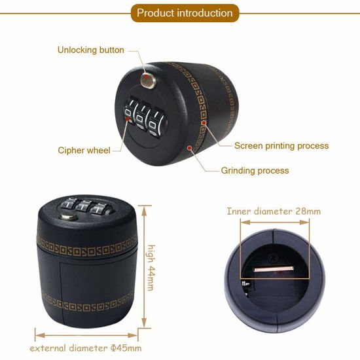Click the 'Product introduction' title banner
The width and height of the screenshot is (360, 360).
coord(185,13)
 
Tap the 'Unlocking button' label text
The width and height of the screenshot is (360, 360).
coord(90,50)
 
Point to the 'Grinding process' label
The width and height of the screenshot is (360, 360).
coord(255,170)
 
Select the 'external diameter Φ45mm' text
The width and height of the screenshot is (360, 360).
coord(86,348)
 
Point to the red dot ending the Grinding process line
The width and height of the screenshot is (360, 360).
coord(190,148)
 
